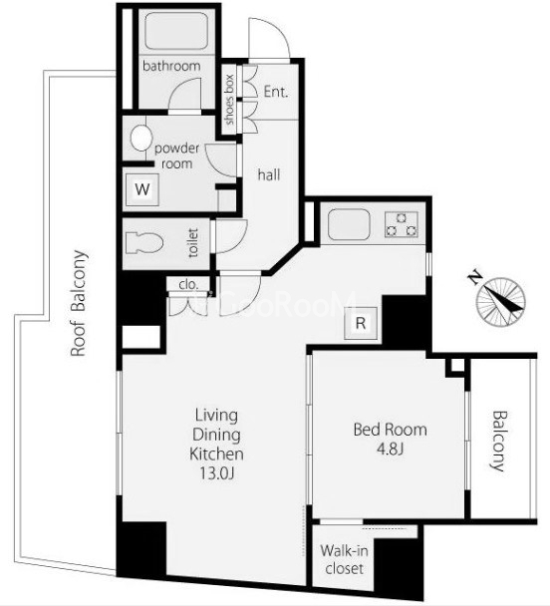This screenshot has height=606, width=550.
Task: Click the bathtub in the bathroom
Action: tap(176, 31)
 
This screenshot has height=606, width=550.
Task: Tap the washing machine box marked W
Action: tap(142, 189)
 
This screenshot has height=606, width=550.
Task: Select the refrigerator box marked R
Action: tap(361, 323)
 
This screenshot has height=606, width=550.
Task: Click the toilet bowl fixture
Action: tap(144, 243)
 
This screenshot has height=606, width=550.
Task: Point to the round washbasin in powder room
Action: tap(140, 138)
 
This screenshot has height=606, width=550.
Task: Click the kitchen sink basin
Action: tap(349, 224)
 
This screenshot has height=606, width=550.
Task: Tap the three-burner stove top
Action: tap(402, 224)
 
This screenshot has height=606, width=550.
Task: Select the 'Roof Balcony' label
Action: tap(78, 303)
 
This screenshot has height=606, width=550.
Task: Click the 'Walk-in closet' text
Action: tap(344, 559)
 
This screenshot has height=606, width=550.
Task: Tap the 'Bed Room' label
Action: tap(391, 430)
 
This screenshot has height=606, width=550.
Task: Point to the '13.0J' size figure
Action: tap(216, 473)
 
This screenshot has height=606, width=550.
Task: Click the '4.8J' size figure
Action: tap(391, 450)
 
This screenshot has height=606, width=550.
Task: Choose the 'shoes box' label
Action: tap(229, 100)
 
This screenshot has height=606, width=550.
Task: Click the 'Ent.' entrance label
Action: tap(276, 92)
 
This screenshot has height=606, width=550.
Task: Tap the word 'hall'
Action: tap(269, 175)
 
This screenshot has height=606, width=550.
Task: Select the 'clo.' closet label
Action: tap(188, 285)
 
